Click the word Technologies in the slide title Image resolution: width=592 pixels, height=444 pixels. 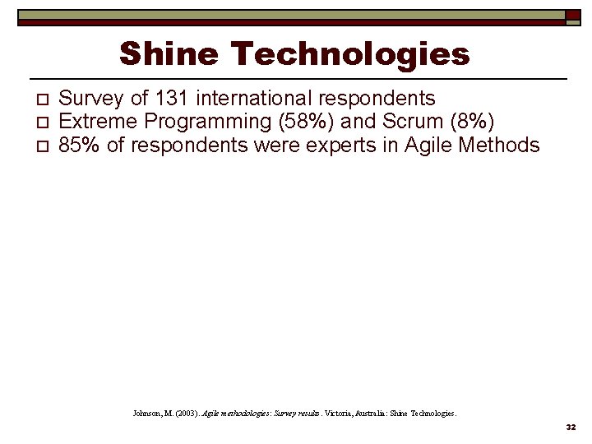tap(351, 54)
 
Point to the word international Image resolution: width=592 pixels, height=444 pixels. tap(255, 99)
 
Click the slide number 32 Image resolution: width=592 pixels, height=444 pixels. tap(570, 428)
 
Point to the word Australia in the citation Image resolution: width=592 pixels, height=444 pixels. tap(358, 414)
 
